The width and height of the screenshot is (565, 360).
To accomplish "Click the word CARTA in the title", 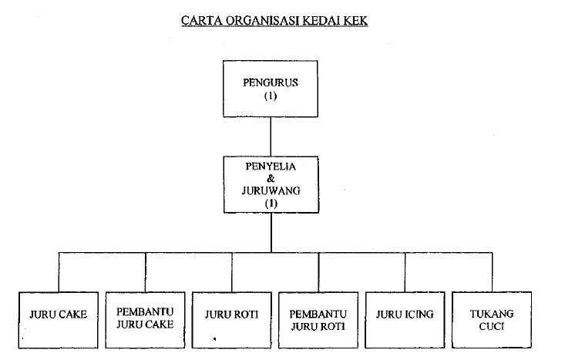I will pos(200,20).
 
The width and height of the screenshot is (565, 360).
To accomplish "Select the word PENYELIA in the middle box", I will pos(271,166).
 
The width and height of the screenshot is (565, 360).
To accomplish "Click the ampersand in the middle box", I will pos(271,178).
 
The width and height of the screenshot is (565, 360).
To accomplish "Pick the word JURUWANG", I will pos(271,190).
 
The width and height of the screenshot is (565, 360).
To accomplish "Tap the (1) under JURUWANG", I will pos(271,203).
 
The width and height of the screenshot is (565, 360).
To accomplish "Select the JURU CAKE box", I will pos(58,318).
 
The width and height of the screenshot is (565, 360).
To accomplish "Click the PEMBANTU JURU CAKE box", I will pos(145,318).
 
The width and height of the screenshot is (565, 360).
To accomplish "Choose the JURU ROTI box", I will pos(231,318).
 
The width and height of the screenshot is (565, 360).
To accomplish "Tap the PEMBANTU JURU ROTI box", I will pos(318,318).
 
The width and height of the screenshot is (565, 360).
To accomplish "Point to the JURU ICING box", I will pos(405,318).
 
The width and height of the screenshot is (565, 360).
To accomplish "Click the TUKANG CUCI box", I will pos(492,318).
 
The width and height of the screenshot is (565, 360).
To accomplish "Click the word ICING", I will pos(419,314).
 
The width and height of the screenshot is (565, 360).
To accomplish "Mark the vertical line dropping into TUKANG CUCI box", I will pos(493,271).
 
